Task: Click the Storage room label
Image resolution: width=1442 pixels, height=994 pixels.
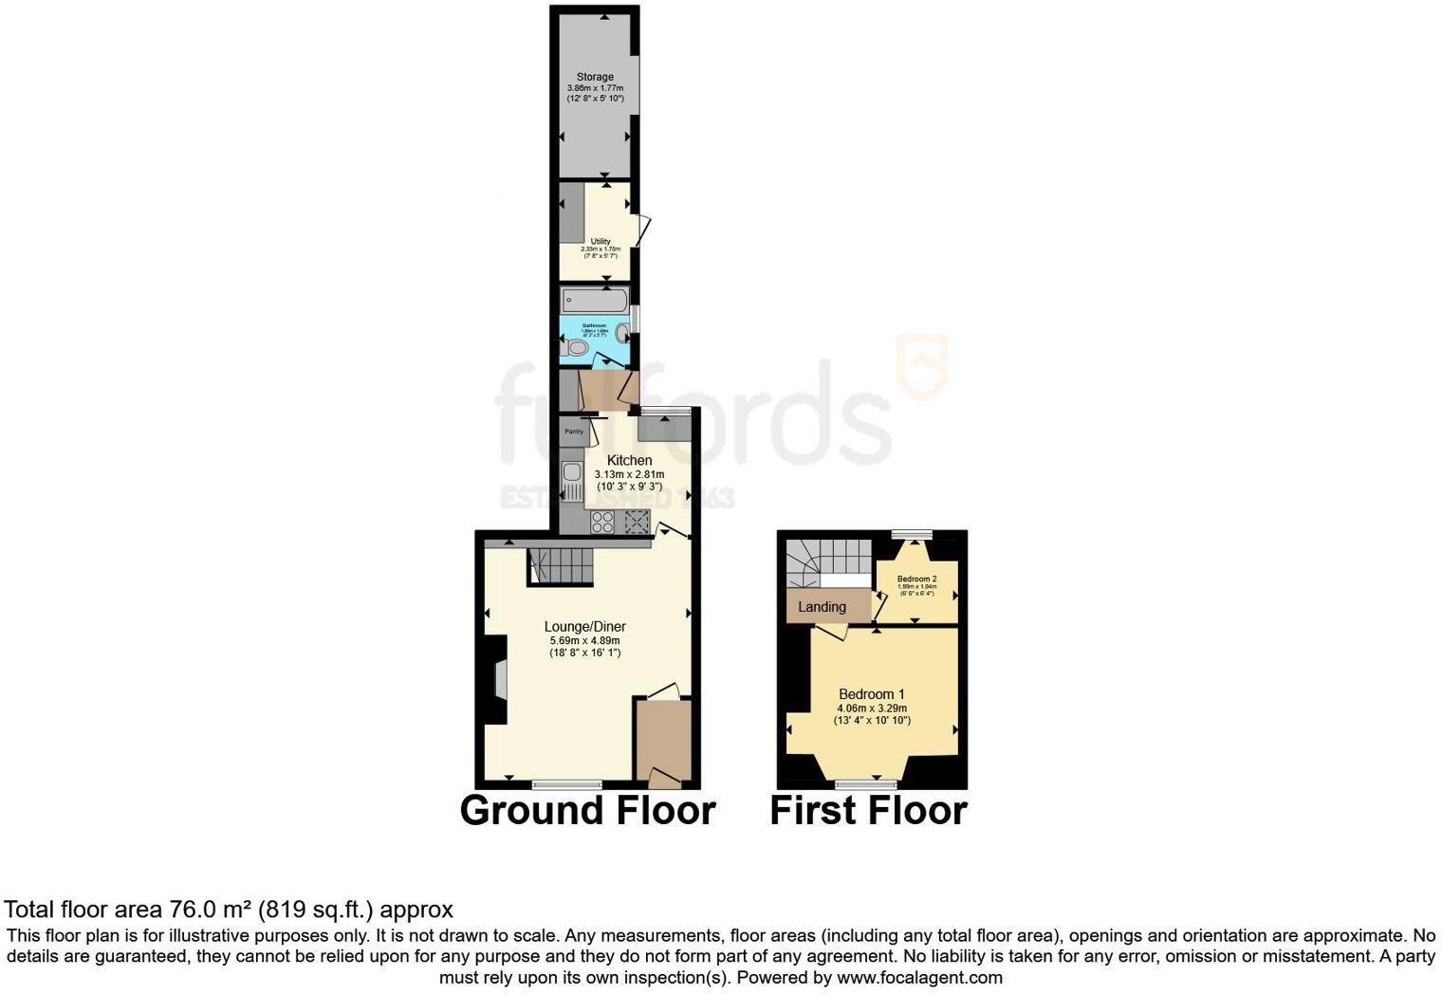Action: (595, 77)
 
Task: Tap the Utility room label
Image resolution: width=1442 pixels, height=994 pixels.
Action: (600, 242)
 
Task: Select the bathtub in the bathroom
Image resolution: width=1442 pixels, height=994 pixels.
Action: (594, 301)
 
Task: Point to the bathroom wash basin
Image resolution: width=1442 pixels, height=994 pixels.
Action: (621, 333)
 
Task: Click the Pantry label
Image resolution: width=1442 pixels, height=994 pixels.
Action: (574, 432)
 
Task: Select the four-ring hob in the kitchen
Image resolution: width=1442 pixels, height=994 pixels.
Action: (602, 522)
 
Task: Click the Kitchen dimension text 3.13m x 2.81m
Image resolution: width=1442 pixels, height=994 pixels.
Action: (629, 474)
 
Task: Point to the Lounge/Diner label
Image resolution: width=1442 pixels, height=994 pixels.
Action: (584, 626)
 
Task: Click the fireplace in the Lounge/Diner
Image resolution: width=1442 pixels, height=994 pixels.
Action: (499, 679)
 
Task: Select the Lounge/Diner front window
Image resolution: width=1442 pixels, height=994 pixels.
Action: (566, 784)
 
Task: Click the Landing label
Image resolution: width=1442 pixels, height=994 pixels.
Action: (822, 607)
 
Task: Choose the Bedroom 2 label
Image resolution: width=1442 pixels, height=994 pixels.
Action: (916, 579)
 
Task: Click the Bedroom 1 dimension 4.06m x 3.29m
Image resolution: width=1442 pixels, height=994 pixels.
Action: (871, 708)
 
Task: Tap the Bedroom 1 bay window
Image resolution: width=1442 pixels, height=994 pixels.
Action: (866, 783)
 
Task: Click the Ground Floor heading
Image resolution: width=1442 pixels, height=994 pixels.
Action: (587, 811)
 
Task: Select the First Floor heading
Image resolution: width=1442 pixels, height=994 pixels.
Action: (868, 811)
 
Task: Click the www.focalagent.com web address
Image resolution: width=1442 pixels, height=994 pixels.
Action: (919, 977)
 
